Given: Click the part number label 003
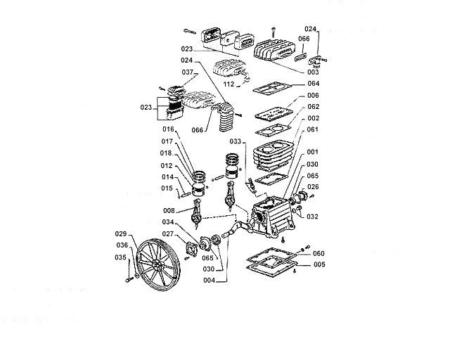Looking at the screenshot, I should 313,72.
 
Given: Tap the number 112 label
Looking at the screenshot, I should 229,84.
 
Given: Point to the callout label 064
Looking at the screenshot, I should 313,84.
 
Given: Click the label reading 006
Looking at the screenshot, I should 313,96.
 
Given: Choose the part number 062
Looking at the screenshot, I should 313,107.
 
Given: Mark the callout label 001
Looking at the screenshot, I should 313,152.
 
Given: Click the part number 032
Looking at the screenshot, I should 313,217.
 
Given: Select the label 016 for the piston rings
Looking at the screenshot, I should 168,130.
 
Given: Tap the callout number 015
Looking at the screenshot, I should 167,188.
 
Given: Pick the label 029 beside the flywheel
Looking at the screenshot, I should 121,233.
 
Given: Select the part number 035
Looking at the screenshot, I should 121,257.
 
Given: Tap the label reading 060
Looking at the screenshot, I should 319,253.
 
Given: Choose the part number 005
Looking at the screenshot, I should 319,264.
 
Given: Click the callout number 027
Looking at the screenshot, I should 169,234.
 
